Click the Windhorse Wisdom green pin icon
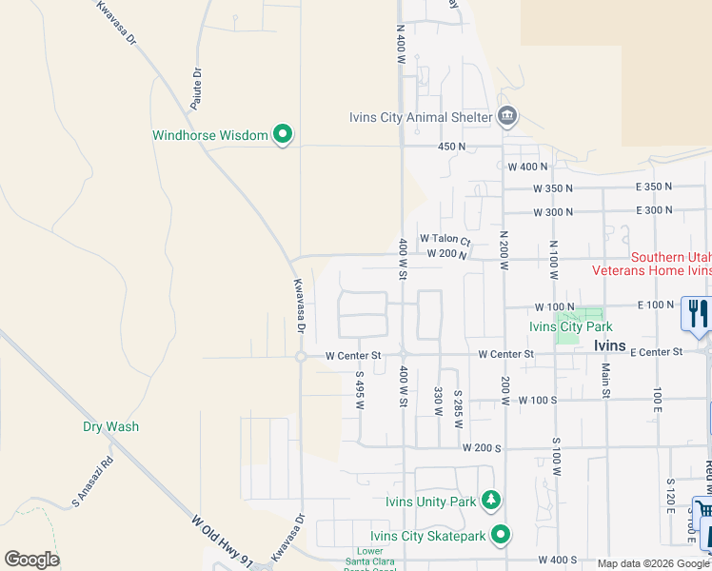[282, 135]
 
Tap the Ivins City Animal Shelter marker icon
[506, 117]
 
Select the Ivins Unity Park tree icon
[491, 501]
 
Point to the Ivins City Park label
[568, 326]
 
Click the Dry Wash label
[110, 426]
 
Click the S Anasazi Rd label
[92, 482]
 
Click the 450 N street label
[451, 147]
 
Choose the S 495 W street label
[360, 390]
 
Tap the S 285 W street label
[458, 406]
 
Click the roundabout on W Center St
[300, 357]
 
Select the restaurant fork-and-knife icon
[698, 313]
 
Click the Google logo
[31, 560]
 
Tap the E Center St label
[656, 352]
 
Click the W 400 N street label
[528, 167]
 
